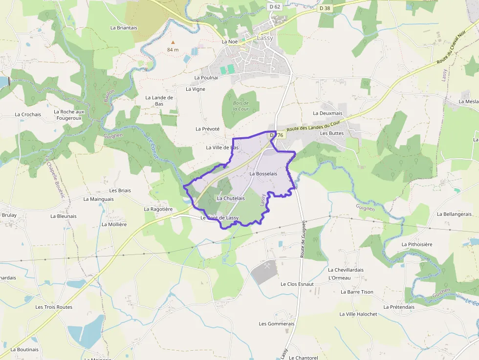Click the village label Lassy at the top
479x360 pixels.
(265, 38)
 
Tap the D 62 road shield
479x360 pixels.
(275, 7)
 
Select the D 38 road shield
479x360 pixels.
(325, 8)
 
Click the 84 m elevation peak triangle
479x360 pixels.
(173, 42)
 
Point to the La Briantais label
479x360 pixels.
(124, 28)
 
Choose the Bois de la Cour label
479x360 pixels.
(240, 106)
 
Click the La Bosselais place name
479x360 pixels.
(263, 174)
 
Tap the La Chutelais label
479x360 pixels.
(231, 198)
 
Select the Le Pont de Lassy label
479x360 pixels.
(219, 218)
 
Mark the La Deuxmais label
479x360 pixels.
(327, 113)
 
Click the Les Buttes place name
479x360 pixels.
(332, 133)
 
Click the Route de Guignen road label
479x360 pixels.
(304, 239)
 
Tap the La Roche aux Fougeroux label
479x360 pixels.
(69, 115)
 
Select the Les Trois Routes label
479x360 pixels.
(54, 307)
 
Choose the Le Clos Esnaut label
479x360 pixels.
(297, 284)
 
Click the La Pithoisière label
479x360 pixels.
(417, 244)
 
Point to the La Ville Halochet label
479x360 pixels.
(358, 314)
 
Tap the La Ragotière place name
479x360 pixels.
(158, 209)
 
